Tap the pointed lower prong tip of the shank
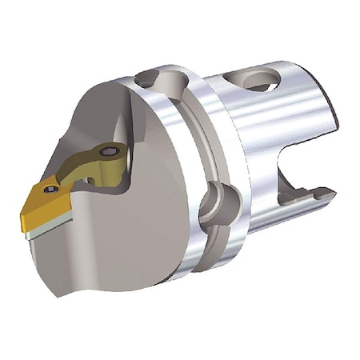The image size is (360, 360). (330, 194)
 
